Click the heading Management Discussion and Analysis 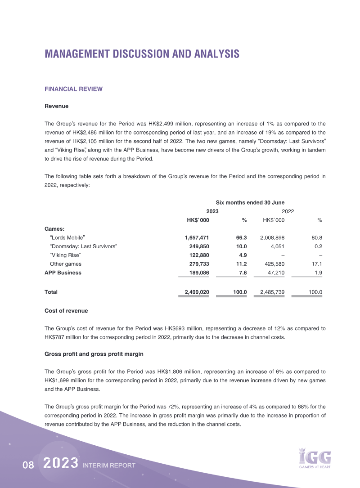coord(142,54)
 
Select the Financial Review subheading coord(73,89)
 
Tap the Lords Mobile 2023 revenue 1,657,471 coord(197,237)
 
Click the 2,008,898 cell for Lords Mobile coord(272,237)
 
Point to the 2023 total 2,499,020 coord(197,292)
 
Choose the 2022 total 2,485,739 coord(272,292)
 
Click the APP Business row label coord(63,273)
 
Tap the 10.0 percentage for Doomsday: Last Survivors coord(241,246)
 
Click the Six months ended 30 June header coord(250,202)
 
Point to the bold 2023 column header coord(212,211)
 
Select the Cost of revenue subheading coord(66,311)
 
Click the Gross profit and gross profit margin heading coord(94,354)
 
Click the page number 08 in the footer coord(28,466)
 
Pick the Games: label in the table coord(54,228)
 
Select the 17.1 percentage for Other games coord(318,264)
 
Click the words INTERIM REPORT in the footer coord(109,466)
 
